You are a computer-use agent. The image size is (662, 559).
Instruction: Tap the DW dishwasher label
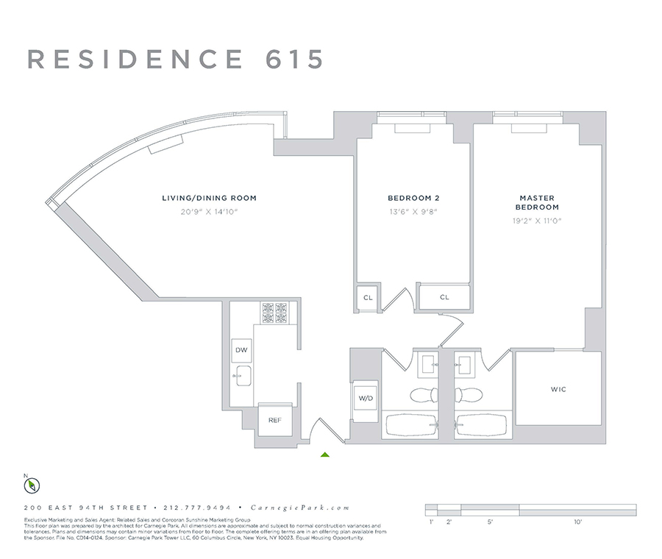[241, 350]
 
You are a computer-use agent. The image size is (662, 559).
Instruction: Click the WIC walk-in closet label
[558, 388]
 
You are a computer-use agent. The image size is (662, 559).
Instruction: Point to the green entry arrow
[325, 455]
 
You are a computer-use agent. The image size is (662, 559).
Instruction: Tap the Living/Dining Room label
[210, 198]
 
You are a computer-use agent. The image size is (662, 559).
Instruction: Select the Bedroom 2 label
[413, 198]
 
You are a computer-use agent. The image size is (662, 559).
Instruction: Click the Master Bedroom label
[537, 202]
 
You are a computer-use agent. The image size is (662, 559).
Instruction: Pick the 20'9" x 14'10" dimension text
[210, 212]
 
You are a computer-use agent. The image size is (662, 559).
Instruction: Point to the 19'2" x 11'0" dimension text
[537, 220]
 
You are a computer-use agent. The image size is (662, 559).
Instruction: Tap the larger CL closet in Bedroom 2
[444, 297]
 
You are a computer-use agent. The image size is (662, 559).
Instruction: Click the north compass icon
[33, 485]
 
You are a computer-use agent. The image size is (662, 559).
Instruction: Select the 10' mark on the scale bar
[577, 521]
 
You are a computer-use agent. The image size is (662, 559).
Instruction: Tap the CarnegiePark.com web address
[299, 508]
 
